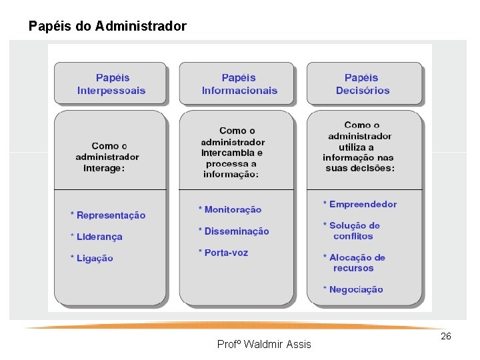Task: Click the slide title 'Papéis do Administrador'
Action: (x=107, y=27)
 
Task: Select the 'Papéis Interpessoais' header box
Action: (x=111, y=84)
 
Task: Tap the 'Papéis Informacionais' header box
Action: (x=239, y=84)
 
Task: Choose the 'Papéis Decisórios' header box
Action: (x=363, y=84)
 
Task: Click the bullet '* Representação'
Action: (x=108, y=215)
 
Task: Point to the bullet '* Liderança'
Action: (x=97, y=237)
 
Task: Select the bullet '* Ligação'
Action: (x=92, y=258)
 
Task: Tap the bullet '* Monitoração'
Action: (x=230, y=210)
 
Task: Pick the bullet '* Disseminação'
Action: (x=233, y=231)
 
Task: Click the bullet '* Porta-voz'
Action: (x=223, y=253)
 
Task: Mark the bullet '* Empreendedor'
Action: (x=360, y=205)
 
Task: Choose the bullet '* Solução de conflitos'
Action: (x=352, y=231)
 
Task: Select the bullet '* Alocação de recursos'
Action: (x=354, y=263)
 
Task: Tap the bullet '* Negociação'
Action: (x=353, y=289)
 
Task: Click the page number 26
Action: (x=446, y=336)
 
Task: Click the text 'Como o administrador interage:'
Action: (x=107, y=157)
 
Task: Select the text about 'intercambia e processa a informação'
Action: (x=233, y=153)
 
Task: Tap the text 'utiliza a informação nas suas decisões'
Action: (x=360, y=147)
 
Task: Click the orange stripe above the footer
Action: (x=233, y=327)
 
